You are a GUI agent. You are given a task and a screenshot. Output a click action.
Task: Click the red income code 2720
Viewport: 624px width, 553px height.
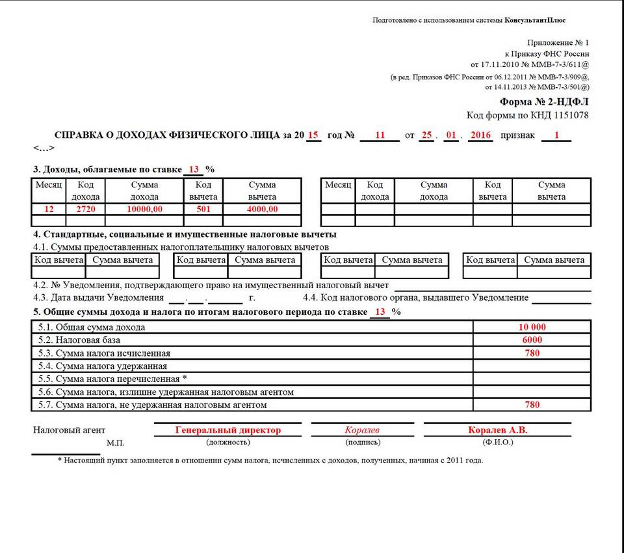[86, 209]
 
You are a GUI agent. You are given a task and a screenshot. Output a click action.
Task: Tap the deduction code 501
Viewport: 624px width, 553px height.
[203, 209]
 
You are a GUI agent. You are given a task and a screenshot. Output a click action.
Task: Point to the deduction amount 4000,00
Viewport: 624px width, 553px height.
[262, 209]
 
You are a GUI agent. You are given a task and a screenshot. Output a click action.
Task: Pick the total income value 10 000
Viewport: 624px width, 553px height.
[532, 327]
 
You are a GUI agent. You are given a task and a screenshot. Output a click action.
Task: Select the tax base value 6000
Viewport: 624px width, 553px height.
[532, 340]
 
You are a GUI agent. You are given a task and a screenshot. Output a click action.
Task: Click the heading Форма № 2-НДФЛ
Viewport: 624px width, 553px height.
[544, 102]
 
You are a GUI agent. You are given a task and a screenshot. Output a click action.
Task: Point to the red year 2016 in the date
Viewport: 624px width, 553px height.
[480, 135]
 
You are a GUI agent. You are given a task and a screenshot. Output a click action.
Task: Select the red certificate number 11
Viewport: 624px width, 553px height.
[380, 135]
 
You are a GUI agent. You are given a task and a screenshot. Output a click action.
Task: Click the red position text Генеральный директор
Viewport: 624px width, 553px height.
[228, 430]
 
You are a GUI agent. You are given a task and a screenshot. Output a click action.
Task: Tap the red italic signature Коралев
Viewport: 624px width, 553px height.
[362, 430]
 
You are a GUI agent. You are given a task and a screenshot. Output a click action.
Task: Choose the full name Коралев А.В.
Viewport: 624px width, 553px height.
[497, 430]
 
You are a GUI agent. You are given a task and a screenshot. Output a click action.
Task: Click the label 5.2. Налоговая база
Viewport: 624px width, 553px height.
[88, 340]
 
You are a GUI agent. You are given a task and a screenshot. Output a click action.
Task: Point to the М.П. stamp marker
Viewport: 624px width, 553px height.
[115, 443]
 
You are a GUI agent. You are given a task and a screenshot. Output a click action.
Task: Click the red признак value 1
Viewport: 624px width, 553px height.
[556, 135]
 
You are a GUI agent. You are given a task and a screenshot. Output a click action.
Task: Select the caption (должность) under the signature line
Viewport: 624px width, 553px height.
[228, 442]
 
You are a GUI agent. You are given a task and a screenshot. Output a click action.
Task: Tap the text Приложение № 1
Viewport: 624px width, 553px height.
[562, 42]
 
